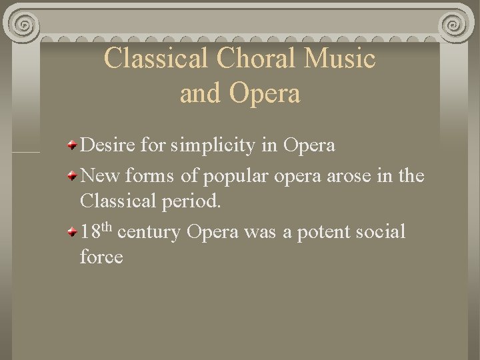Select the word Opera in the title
point(265,93)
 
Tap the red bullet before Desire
point(72,145)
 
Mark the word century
point(152,233)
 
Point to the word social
point(379,232)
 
